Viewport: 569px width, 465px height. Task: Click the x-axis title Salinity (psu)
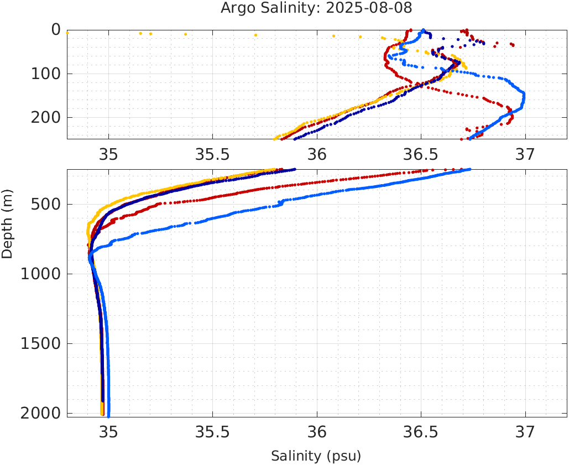point(316,456)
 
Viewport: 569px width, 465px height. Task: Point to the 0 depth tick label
point(56,30)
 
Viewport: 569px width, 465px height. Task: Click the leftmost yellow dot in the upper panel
point(67,33)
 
